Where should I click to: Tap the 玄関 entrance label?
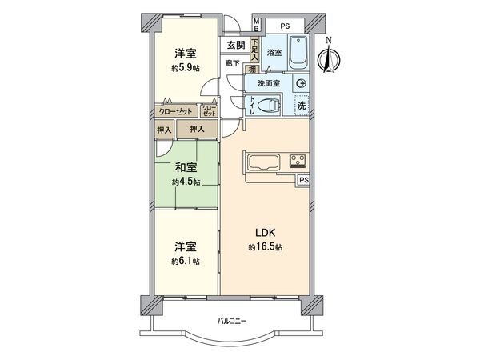235,45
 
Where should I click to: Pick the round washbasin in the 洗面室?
300,82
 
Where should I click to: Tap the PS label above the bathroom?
284,25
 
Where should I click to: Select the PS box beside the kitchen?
303,181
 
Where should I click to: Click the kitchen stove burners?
298,159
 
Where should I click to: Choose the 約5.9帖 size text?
186,68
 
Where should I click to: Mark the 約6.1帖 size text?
185,262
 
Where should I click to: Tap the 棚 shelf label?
250,70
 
